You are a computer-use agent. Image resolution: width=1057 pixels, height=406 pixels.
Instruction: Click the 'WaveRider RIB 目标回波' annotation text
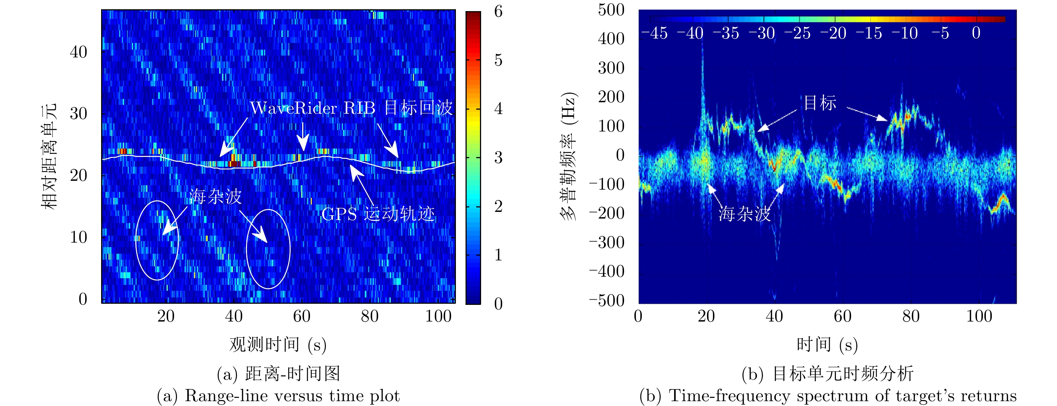(351, 108)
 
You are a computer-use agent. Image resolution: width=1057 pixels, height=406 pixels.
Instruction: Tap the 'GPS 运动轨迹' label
(377, 214)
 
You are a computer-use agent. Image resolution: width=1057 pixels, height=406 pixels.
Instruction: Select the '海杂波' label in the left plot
(216, 197)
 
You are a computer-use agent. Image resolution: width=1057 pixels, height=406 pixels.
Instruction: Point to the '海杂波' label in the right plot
(744, 214)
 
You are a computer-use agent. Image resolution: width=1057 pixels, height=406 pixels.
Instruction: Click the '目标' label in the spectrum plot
(820, 103)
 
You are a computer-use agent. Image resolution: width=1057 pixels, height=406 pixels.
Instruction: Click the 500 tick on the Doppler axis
(611, 10)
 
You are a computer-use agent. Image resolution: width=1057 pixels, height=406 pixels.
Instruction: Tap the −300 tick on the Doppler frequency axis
(607, 242)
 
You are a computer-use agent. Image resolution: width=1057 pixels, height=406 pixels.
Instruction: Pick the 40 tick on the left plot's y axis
(79, 52)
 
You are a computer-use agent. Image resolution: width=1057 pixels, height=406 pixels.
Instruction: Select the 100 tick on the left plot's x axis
(438, 316)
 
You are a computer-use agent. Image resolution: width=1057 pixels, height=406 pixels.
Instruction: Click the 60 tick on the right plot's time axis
(843, 316)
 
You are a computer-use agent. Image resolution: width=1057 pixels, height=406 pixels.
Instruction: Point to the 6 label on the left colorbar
(498, 11)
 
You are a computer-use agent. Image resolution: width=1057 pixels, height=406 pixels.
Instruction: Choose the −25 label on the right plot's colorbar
(797, 33)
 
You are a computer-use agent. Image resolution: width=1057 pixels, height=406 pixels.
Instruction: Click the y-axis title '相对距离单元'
(49, 156)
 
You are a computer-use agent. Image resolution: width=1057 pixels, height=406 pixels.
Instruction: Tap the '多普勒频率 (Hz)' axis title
(569, 156)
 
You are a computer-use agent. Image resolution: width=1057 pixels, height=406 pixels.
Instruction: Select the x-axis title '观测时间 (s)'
(278, 345)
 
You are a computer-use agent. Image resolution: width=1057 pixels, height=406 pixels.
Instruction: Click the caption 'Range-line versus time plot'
(292, 396)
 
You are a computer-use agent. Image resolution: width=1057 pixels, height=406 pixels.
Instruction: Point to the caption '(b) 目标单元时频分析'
(827, 373)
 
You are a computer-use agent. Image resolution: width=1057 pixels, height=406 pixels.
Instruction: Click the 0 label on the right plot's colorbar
(976, 33)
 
